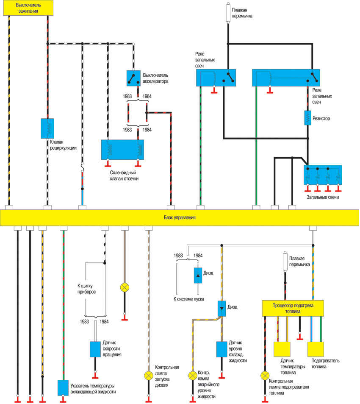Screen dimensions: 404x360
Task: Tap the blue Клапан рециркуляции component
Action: click(47, 128)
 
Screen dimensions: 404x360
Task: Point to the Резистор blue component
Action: click(308, 118)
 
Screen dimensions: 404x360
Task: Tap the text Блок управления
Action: click(179, 217)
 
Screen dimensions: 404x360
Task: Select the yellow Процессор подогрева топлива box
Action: click(292, 308)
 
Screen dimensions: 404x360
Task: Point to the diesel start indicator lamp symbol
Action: click(149, 375)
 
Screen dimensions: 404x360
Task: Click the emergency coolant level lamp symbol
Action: click(192, 375)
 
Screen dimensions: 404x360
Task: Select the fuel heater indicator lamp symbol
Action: click(265, 375)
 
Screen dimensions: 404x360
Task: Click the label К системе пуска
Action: click(190, 299)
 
